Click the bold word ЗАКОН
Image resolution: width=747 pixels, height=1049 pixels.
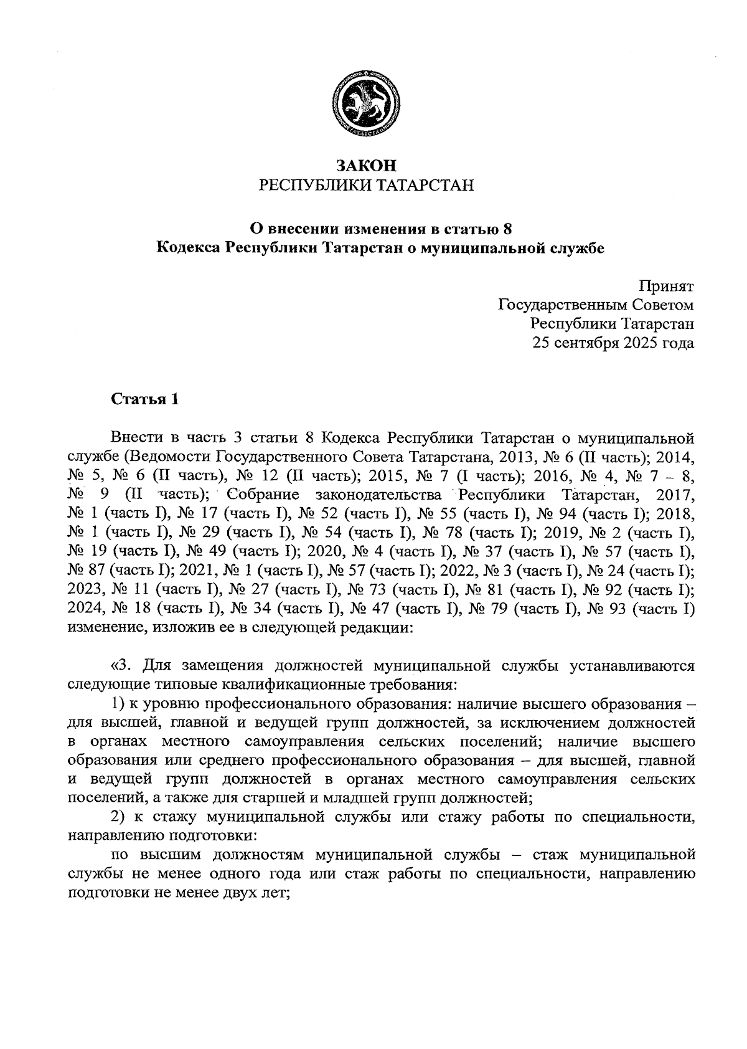365,166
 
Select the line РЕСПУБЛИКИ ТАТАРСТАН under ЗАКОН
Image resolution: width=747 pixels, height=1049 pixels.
365,185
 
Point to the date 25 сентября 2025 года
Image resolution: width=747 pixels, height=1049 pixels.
613,343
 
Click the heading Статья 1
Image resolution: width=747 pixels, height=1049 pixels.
145,400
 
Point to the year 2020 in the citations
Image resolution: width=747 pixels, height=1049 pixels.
326,551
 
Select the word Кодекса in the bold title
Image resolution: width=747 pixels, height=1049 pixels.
187,248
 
